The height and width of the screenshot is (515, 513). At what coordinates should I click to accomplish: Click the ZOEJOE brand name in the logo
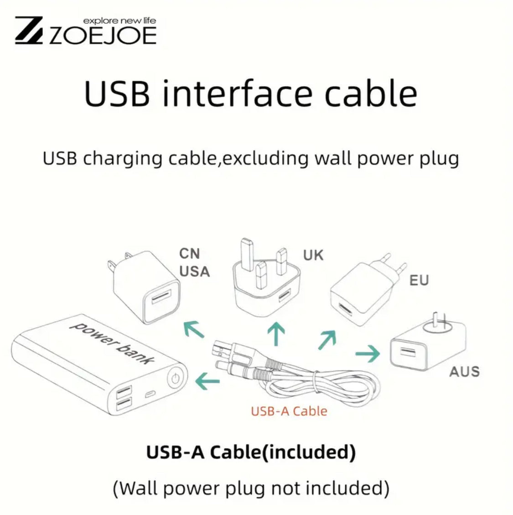103,36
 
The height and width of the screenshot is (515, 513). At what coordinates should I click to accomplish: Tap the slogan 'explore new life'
119,21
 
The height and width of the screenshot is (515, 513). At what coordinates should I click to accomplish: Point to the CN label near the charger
190,254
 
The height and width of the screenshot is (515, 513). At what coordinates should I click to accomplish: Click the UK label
313,255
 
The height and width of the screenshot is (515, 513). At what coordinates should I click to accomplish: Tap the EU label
419,281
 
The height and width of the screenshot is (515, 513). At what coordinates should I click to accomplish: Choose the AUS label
464,372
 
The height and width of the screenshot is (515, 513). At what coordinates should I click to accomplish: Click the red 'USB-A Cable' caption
289,411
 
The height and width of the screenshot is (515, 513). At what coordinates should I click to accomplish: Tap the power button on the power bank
176,378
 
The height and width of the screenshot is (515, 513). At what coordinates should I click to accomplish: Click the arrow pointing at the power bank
207,381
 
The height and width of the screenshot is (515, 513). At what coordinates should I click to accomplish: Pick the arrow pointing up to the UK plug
276,334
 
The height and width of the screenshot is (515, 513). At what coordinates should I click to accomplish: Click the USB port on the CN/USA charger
161,297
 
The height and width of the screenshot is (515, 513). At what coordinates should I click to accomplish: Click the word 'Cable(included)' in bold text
283,452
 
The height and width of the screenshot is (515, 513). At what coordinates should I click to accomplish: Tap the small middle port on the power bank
150,394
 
